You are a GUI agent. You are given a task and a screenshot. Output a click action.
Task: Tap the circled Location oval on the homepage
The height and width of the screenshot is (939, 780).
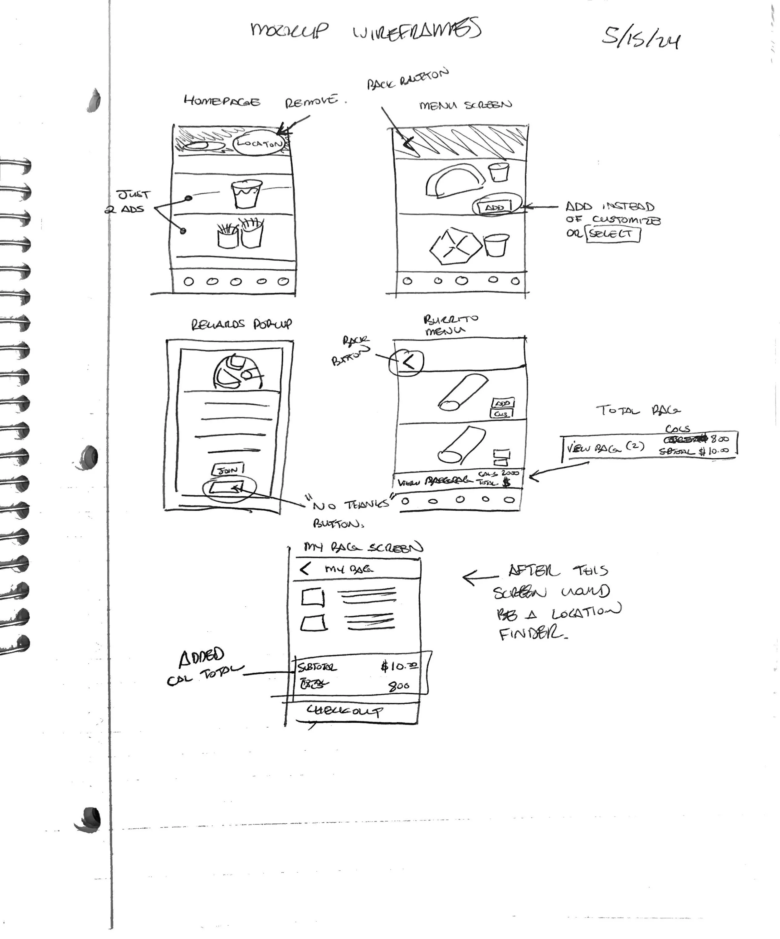pos(259,143)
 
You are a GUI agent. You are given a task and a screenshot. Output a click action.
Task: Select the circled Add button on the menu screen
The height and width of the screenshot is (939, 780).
pos(495,207)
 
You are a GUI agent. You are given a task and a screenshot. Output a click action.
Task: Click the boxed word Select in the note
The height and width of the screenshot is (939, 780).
pos(612,234)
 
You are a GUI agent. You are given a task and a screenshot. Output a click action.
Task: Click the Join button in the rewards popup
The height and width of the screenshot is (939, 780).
pos(228,470)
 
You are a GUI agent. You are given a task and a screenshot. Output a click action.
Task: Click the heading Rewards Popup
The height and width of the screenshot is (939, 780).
pos(242,324)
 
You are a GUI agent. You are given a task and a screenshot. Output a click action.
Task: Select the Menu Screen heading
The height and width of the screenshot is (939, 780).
pos(466,105)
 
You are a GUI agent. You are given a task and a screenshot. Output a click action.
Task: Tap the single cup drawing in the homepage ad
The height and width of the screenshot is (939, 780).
pos(246,194)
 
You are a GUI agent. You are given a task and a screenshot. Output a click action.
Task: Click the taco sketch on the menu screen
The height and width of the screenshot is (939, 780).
pos(454,180)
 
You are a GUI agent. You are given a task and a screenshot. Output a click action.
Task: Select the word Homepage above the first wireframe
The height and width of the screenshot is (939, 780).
pos(222,102)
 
